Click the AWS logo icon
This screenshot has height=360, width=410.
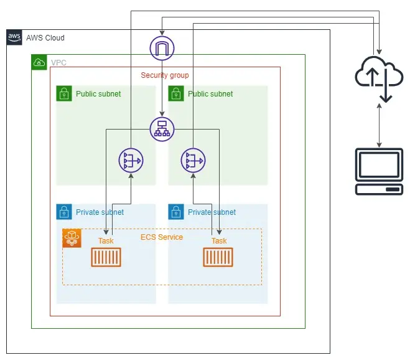pos(14,37)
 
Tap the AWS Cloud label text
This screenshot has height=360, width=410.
pos(45,38)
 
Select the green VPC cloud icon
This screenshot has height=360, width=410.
pos(39,62)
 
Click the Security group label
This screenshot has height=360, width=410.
pos(165,75)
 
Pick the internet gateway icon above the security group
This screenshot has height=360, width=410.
pos(162,48)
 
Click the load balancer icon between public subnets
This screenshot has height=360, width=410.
pos(162,129)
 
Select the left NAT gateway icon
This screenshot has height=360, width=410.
pos(131,161)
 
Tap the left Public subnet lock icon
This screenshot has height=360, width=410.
pos(64,93)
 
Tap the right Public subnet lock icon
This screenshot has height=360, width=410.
pos(176,93)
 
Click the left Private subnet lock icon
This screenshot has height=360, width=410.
pos(64,212)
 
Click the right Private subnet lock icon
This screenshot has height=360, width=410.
pos(176,212)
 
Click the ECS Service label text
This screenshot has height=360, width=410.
pos(162,237)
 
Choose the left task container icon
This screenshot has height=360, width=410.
pos(106,257)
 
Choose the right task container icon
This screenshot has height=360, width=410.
pos(218,257)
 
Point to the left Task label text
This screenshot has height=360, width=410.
pos(106,241)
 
